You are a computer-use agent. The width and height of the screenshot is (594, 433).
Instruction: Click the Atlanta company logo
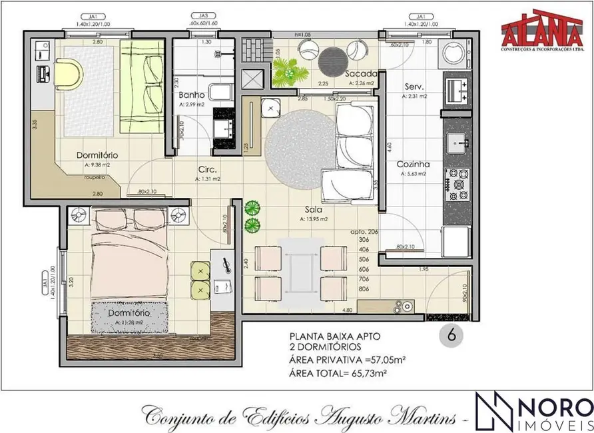[542, 34]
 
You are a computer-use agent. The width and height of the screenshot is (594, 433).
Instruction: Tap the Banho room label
[192, 95]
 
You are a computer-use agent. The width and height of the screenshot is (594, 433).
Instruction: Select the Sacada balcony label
[361, 74]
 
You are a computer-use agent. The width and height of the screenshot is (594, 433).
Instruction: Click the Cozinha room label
[413, 164]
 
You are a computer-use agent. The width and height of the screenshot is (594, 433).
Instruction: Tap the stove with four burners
[458, 181]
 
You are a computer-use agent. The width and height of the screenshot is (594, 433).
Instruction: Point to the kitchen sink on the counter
[457, 141]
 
